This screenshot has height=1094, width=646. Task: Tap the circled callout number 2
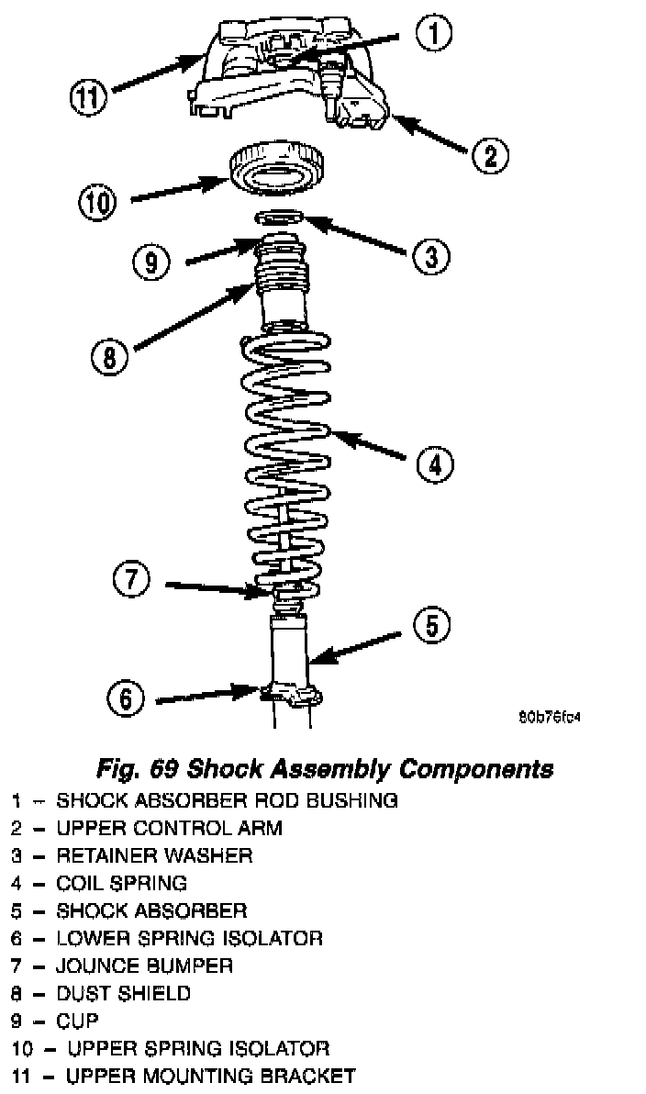[490, 154]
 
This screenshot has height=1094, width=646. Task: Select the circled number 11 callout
[91, 96]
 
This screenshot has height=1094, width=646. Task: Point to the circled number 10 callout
[97, 203]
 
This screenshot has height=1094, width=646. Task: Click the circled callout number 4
[434, 464]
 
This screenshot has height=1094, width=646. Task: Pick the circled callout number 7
[131, 580]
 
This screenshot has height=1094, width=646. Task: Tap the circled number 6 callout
[126, 699]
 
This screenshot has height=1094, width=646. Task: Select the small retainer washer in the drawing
[280, 218]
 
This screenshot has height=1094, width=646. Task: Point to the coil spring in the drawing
[286, 441]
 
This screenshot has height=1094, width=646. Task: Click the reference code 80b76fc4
[550, 717]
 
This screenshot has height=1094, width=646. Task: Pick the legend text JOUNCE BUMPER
[144, 966]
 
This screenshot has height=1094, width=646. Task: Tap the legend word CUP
[77, 1021]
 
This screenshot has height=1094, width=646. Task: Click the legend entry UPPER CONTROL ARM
[169, 828]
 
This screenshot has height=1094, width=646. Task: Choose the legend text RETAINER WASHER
[154, 855]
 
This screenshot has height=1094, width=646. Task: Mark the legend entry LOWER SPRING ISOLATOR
[189, 938]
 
